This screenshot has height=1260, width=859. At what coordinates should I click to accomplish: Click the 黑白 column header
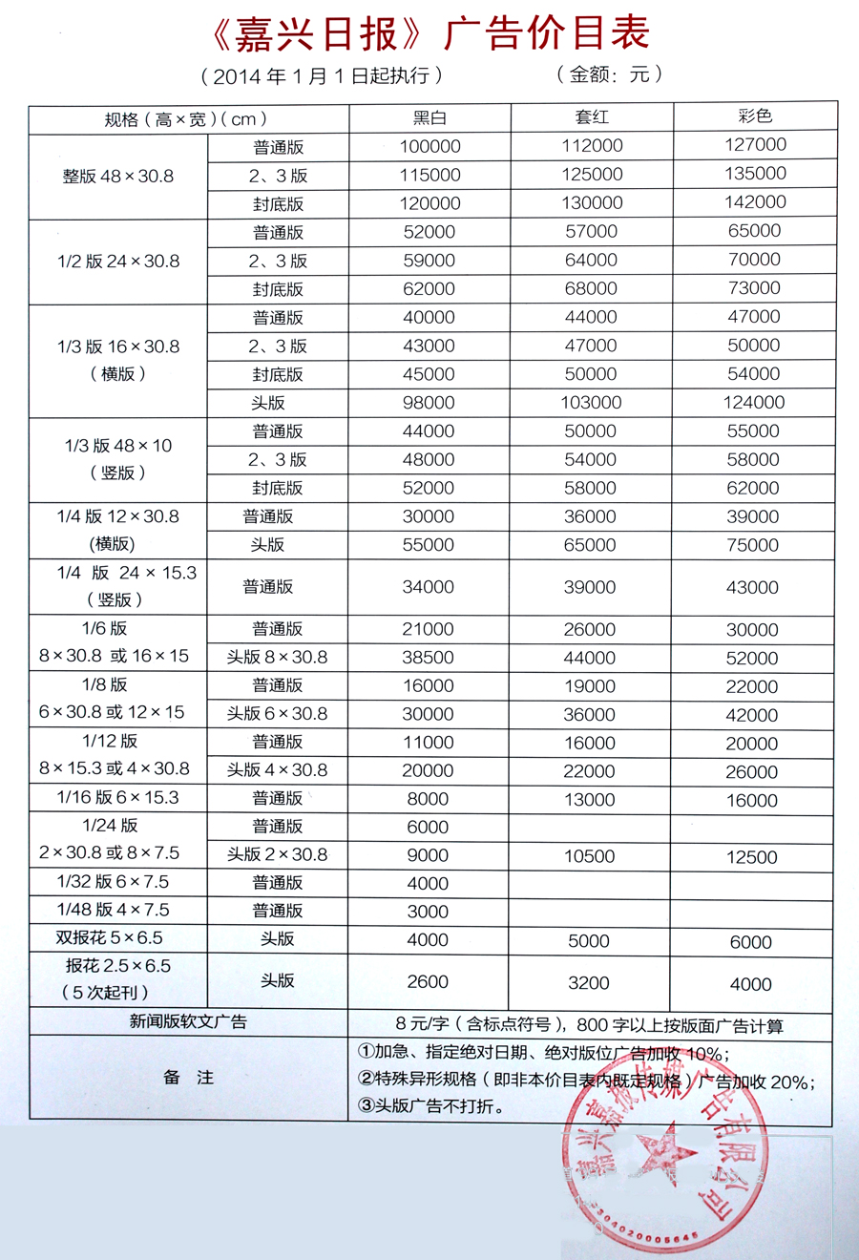(x=429, y=118)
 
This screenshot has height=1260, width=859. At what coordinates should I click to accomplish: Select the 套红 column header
(x=592, y=117)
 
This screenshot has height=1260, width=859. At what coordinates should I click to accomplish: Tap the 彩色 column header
(x=755, y=116)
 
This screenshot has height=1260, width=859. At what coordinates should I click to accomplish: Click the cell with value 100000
(x=429, y=146)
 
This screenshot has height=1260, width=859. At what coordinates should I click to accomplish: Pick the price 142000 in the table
(x=755, y=202)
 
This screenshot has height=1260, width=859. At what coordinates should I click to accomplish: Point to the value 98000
(x=429, y=403)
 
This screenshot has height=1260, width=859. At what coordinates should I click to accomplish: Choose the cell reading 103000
(x=591, y=403)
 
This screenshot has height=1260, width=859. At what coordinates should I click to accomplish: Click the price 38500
(x=429, y=658)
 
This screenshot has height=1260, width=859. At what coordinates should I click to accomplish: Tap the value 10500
(x=589, y=856)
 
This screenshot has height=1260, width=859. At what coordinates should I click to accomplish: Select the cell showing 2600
(x=428, y=981)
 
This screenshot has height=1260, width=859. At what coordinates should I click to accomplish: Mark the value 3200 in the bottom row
(x=589, y=982)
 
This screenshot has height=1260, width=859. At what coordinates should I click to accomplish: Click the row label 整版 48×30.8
(x=118, y=177)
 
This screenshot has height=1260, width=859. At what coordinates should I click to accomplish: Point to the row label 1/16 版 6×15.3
(x=117, y=797)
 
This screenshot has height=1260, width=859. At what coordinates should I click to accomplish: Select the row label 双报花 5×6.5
(x=110, y=938)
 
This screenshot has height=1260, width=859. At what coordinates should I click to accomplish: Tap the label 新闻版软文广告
(x=188, y=1021)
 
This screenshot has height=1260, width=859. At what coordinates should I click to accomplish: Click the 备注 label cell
(x=188, y=1078)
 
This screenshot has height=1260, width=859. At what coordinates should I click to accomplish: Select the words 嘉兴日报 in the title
(x=315, y=34)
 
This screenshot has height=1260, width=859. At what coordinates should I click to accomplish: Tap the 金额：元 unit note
(x=609, y=74)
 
